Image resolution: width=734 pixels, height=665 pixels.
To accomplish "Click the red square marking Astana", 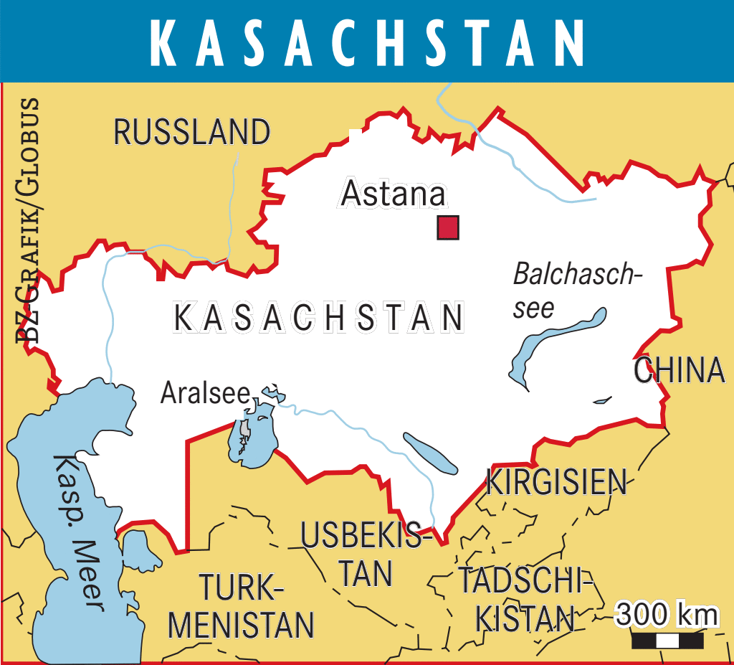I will pyautogui.click(x=448, y=227).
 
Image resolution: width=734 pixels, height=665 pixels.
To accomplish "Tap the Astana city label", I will pyautogui.click(x=393, y=194).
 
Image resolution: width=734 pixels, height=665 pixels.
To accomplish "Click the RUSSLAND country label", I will pyautogui.click(x=192, y=133).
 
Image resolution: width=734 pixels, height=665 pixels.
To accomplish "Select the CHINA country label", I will pyautogui.click(x=680, y=370).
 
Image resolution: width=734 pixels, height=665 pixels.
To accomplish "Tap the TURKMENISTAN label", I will pyautogui.click(x=241, y=607).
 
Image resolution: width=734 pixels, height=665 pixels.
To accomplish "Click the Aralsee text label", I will pyautogui.click(x=205, y=392).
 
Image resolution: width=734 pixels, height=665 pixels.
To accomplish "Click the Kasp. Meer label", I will pyautogui.click(x=77, y=531).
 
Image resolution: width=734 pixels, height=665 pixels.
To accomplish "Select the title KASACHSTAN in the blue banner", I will pyautogui.click(x=367, y=42).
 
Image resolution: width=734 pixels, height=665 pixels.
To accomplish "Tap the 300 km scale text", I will pyautogui.click(x=667, y=615).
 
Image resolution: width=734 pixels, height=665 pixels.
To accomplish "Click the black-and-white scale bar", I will pyautogui.click(x=667, y=640).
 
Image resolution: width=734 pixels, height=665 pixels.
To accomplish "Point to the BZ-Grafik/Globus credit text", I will pyautogui.click(x=29, y=219).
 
